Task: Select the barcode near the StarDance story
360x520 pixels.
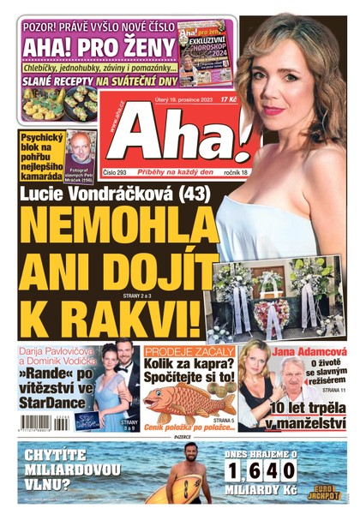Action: pyautogui.click(x=39, y=421)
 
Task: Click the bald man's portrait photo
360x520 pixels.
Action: pyautogui.click(x=81, y=146)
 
